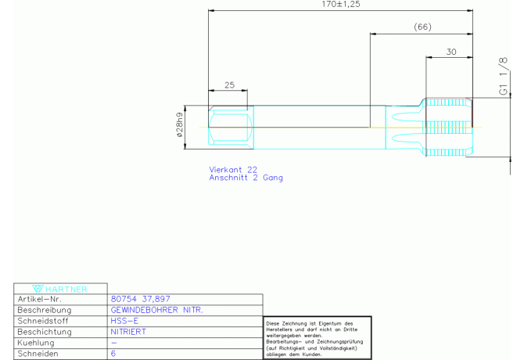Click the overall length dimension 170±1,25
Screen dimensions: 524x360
click(x=341, y=5)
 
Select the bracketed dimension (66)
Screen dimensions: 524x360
click(x=422, y=27)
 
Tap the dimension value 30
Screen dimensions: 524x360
click(x=450, y=52)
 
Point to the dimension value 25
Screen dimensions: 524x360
click(x=228, y=85)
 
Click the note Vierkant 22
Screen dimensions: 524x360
click(x=233, y=169)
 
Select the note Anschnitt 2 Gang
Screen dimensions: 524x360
click(x=246, y=178)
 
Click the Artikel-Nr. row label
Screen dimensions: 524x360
click(x=39, y=299)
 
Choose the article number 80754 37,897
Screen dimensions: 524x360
click(x=141, y=299)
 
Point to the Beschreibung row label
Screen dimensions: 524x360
click(x=44, y=310)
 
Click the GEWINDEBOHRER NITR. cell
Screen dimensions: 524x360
click(x=157, y=310)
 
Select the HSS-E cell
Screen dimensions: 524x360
click(x=126, y=321)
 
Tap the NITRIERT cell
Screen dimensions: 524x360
click(x=128, y=332)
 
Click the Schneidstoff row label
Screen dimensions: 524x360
click(x=44, y=321)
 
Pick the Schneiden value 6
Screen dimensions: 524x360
click(x=114, y=354)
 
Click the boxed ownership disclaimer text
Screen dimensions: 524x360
click(x=316, y=338)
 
